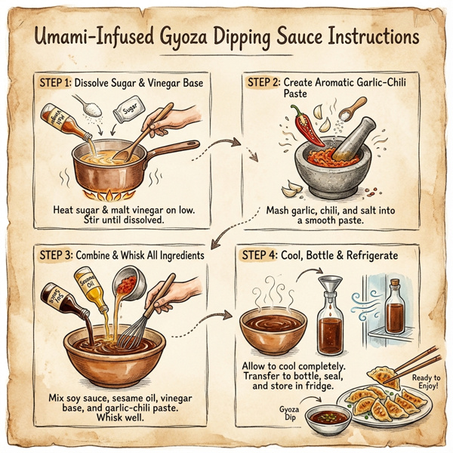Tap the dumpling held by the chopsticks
(x=381, y=374)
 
